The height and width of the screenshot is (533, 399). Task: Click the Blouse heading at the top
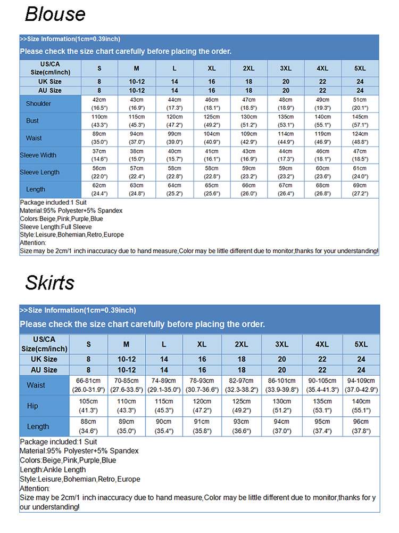click(x=55, y=14)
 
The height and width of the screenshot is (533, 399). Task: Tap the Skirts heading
click(x=49, y=282)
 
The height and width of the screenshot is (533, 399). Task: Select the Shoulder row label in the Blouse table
click(x=38, y=103)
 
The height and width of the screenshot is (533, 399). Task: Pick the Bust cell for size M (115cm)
click(x=137, y=120)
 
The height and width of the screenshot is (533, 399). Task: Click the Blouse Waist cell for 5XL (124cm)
click(x=360, y=138)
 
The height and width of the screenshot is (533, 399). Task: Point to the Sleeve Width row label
click(x=38, y=155)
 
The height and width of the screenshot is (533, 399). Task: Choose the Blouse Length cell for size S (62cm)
click(x=99, y=189)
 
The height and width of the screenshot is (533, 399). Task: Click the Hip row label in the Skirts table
click(x=32, y=406)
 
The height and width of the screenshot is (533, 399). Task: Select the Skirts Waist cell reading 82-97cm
click(x=242, y=385)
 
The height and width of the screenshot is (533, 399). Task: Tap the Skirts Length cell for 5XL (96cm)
click(x=361, y=426)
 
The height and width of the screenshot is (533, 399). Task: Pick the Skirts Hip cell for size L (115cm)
click(x=164, y=406)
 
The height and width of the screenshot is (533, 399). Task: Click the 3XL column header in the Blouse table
click(x=286, y=68)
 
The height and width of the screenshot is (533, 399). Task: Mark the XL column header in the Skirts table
click(x=202, y=344)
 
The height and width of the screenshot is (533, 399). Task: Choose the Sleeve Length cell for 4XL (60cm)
click(x=322, y=172)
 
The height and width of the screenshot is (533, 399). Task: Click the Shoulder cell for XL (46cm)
click(x=211, y=103)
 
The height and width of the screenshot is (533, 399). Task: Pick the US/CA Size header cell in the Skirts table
click(x=44, y=344)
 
